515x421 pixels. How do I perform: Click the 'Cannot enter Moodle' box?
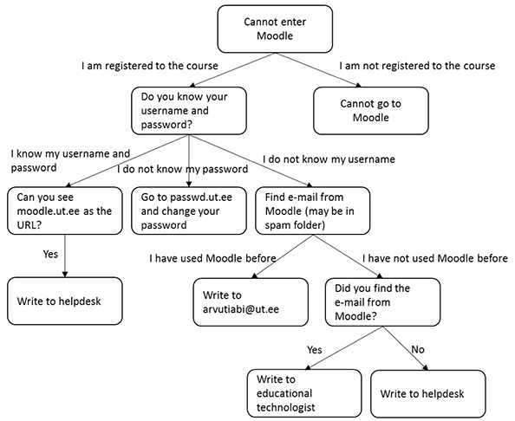(x=275, y=29)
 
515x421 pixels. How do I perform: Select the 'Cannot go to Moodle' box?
(x=371, y=111)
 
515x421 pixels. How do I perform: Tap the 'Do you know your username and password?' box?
(x=189, y=111)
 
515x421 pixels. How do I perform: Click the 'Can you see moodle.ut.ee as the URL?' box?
(x=65, y=210)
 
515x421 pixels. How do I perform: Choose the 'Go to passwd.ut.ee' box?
(x=189, y=210)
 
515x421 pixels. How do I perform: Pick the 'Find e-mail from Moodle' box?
(x=313, y=210)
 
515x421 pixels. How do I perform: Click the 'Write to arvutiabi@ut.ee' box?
(x=251, y=301)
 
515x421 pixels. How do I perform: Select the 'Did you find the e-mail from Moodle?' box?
(x=382, y=301)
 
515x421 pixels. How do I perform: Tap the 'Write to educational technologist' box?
(x=304, y=393)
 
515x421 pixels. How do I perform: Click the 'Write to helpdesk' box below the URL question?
(x=65, y=301)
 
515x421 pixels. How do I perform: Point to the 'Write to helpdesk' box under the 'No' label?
(x=428, y=394)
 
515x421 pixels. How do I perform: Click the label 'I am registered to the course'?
(x=150, y=66)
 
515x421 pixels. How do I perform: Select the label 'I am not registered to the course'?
(x=417, y=66)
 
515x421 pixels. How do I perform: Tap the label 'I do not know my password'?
(x=183, y=169)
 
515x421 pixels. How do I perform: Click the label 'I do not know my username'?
(x=329, y=159)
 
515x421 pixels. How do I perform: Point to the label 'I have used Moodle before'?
(x=212, y=258)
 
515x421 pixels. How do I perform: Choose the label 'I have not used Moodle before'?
(x=435, y=258)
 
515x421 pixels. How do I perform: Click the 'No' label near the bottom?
(x=418, y=349)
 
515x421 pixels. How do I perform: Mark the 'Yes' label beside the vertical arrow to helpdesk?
(x=50, y=254)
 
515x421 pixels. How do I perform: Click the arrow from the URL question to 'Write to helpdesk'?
(x=65, y=256)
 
